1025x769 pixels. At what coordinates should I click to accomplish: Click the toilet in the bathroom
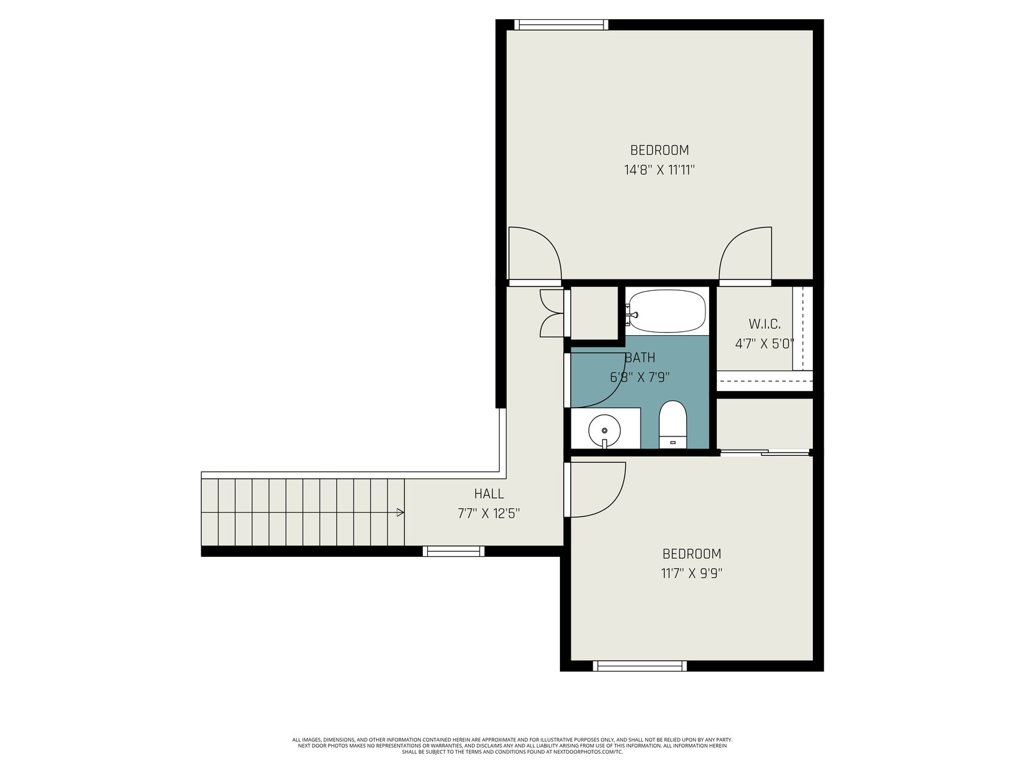point(673,424)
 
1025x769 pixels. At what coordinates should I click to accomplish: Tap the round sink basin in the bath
point(604,429)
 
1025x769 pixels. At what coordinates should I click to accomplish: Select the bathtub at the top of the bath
point(667,311)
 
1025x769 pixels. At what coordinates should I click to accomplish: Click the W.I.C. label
point(764,324)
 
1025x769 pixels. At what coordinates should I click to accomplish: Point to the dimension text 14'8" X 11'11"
point(659,170)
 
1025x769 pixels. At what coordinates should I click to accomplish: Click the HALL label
point(489,493)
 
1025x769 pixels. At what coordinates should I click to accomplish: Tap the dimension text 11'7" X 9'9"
point(692,574)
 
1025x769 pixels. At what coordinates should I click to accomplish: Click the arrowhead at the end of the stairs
point(400,512)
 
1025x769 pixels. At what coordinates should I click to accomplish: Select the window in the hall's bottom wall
point(454,551)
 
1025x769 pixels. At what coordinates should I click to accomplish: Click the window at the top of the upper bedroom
point(561,25)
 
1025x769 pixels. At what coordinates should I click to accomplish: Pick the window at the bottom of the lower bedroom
point(640,666)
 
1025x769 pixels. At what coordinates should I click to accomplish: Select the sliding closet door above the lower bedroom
point(764,452)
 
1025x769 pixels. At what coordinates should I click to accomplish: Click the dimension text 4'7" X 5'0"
point(764,343)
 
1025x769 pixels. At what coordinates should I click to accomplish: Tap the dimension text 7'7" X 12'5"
point(489,513)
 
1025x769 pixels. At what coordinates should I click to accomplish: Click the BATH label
point(640,358)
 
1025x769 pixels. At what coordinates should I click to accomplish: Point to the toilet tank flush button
point(673,442)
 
